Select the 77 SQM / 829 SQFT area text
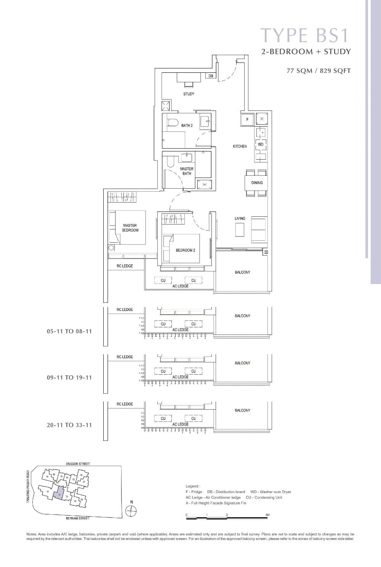pos(319,70)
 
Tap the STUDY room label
pos(189,94)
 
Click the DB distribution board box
pos(211,76)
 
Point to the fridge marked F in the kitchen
pos(247,119)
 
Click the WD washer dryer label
pos(261,144)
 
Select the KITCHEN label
pos(240,146)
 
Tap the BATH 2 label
pos(187,125)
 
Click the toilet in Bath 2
pos(173,123)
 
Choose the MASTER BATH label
pos(187,171)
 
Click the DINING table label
pos(257,183)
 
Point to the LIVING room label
pos(240,218)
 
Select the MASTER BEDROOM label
pos(130,228)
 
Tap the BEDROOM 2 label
pos(185,250)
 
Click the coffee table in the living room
pos(239,230)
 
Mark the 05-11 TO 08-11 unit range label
pos(69,332)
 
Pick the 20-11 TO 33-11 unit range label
pos(69,425)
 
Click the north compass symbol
pos(131,511)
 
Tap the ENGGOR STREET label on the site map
pos(78,464)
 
